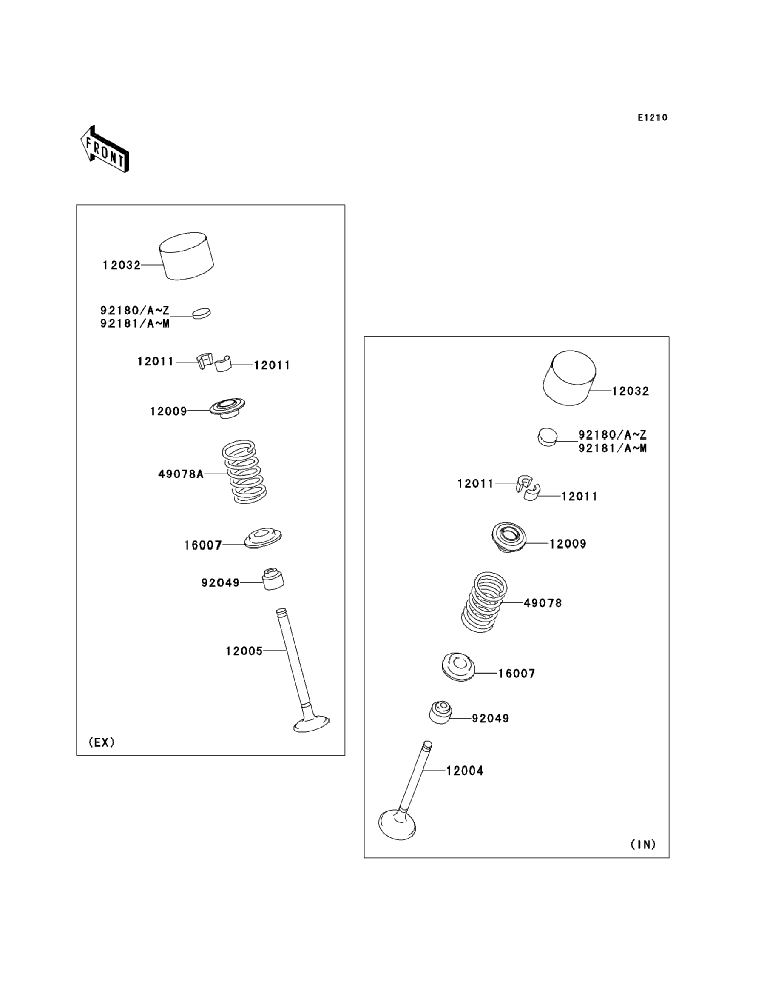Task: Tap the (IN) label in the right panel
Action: (643, 845)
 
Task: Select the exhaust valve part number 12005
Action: (244, 651)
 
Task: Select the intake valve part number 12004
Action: (464, 771)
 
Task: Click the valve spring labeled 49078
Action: (484, 602)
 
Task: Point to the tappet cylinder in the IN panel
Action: (570, 378)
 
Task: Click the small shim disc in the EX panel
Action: (202, 314)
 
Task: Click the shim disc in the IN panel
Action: (547, 437)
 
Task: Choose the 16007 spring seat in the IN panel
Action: (458, 668)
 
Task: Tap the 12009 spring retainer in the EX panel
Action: (227, 408)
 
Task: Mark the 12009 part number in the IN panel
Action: (568, 544)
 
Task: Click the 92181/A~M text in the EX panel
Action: (135, 324)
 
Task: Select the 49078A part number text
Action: (181, 474)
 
